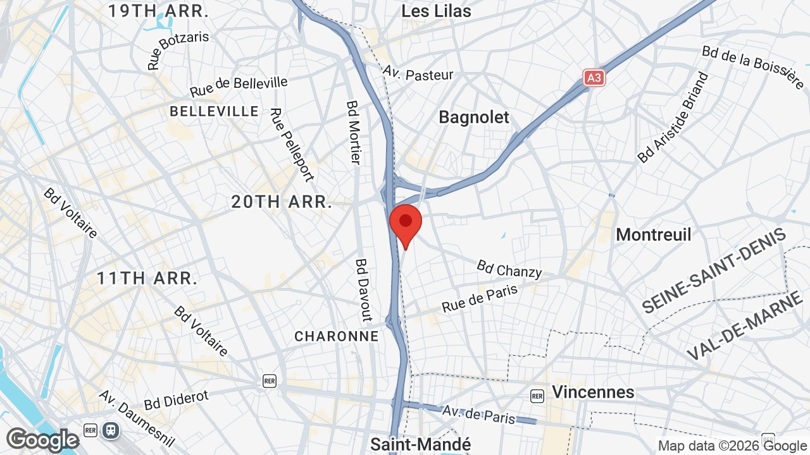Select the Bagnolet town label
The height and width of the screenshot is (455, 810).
474,118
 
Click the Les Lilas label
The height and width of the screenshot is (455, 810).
437,11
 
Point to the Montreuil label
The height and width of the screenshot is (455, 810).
654,234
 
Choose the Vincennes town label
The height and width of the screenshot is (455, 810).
593,392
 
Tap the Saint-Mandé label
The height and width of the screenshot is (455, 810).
421,444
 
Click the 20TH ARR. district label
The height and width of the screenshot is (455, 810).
282,202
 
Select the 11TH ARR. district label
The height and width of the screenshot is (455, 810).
147,278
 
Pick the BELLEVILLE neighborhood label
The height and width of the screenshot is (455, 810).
215,112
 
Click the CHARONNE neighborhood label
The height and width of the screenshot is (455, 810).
337,336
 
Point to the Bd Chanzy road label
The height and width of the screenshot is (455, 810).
509,269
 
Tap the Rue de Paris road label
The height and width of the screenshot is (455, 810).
480,298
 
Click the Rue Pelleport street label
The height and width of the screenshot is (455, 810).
292,145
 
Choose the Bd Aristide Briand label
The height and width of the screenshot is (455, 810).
673,118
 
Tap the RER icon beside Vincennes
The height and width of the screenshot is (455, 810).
537,396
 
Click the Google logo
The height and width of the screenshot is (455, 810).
42,440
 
